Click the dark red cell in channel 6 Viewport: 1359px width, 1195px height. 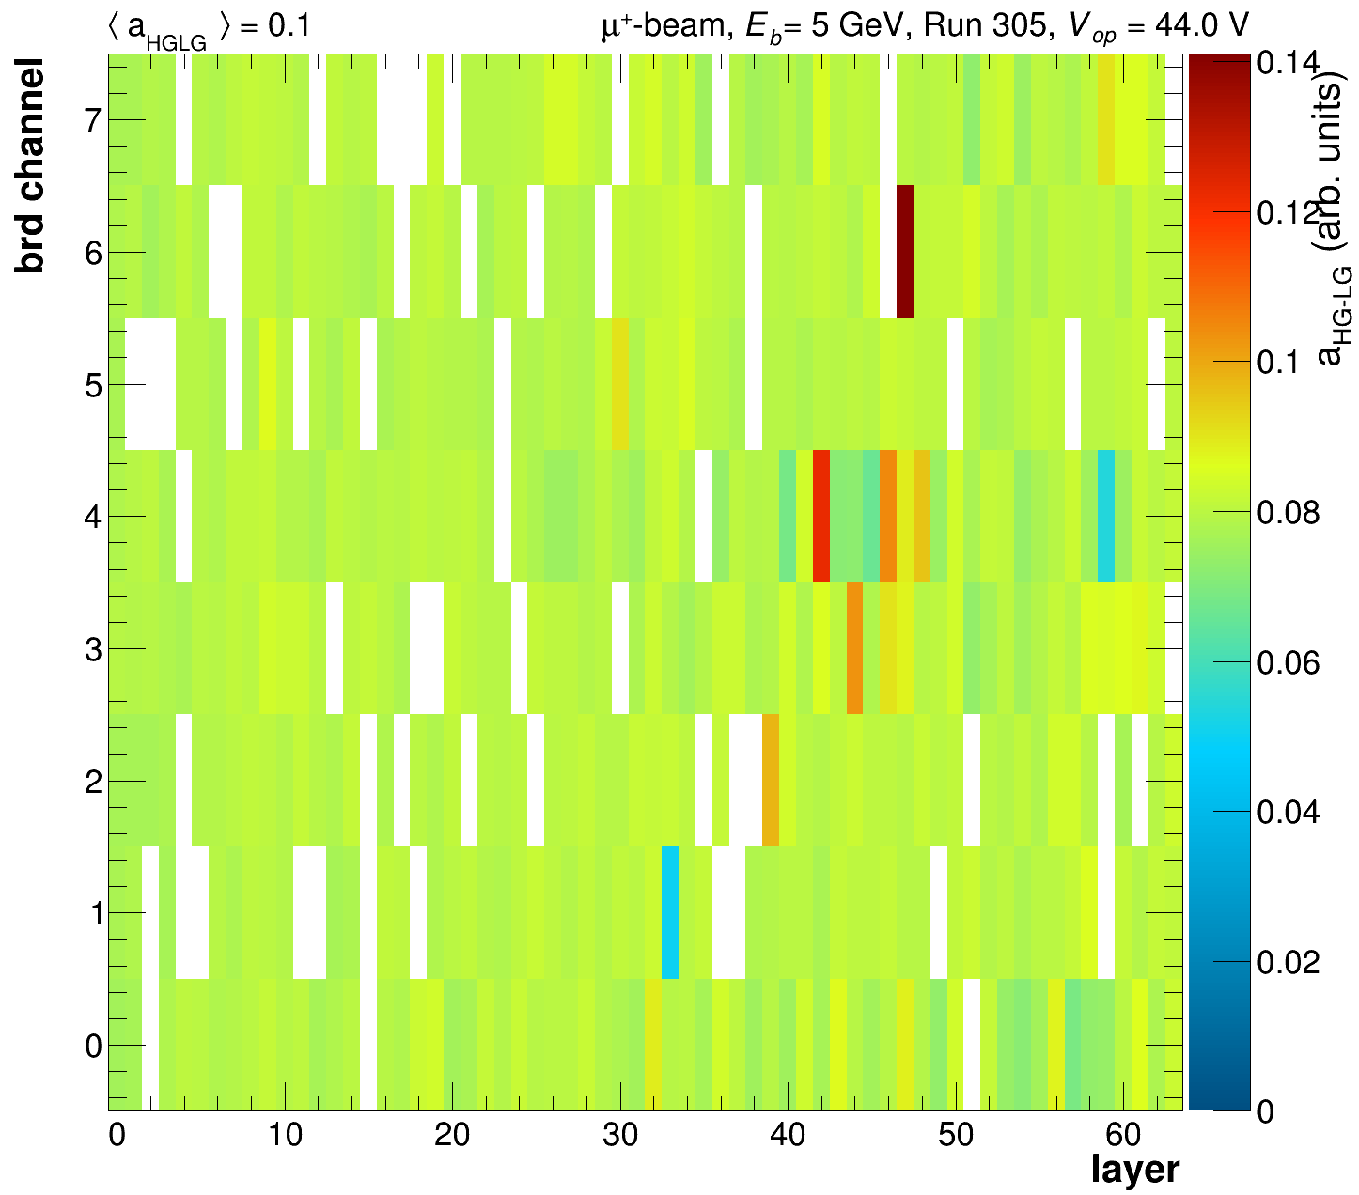[905, 251]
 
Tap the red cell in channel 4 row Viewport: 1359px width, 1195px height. [820, 516]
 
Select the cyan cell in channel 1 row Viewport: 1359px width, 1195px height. [670, 912]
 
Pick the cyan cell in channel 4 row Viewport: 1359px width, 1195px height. [1106, 516]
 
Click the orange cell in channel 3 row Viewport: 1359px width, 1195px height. [854, 648]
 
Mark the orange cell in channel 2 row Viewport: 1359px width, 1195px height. [771, 780]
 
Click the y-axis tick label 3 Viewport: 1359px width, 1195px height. [92, 649]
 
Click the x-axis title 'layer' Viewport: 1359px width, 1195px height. [1134, 1170]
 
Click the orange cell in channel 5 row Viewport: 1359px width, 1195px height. [620, 383]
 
